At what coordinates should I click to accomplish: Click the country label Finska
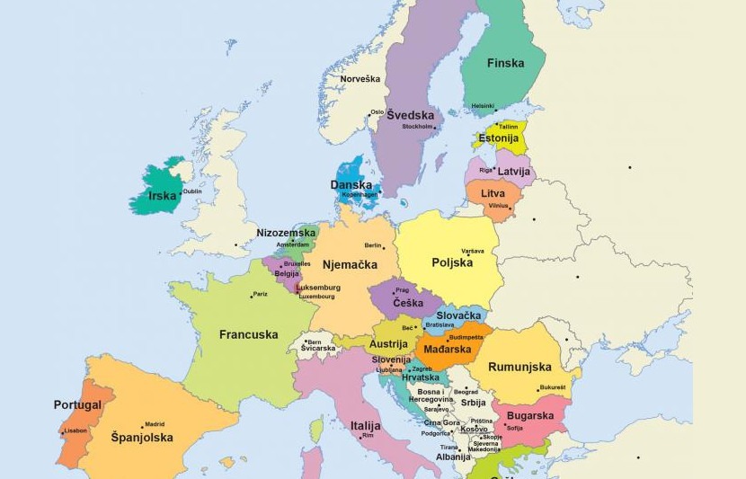coord(505,64)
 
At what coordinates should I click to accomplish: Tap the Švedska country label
coord(411,115)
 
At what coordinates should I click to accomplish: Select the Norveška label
coord(360,79)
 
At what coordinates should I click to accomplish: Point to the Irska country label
coord(162,195)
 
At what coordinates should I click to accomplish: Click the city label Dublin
coord(192,191)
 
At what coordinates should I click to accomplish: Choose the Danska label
coord(351,185)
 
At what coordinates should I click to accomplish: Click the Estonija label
coord(498,138)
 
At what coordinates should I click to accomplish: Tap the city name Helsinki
coord(483,106)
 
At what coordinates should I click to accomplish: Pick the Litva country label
coord(493,193)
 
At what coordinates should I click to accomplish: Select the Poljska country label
coord(452,262)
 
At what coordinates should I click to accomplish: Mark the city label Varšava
coord(473,251)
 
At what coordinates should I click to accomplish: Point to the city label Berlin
coord(373,245)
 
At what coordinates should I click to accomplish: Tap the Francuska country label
coord(248,334)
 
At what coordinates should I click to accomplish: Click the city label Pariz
coord(260,294)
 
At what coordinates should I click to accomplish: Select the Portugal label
coord(77,404)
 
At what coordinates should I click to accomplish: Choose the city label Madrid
coord(155,424)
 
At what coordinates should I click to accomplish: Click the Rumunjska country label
coord(520,367)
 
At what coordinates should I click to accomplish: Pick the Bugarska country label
coord(530,416)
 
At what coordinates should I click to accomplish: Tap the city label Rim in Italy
coord(367,436)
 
